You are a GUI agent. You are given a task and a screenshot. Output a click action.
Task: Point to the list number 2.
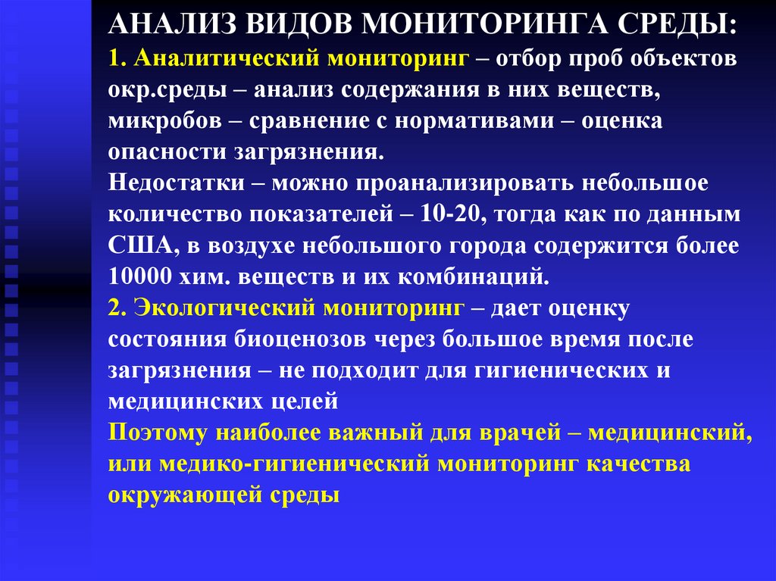pyautogui.click(x=115, y=308)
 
